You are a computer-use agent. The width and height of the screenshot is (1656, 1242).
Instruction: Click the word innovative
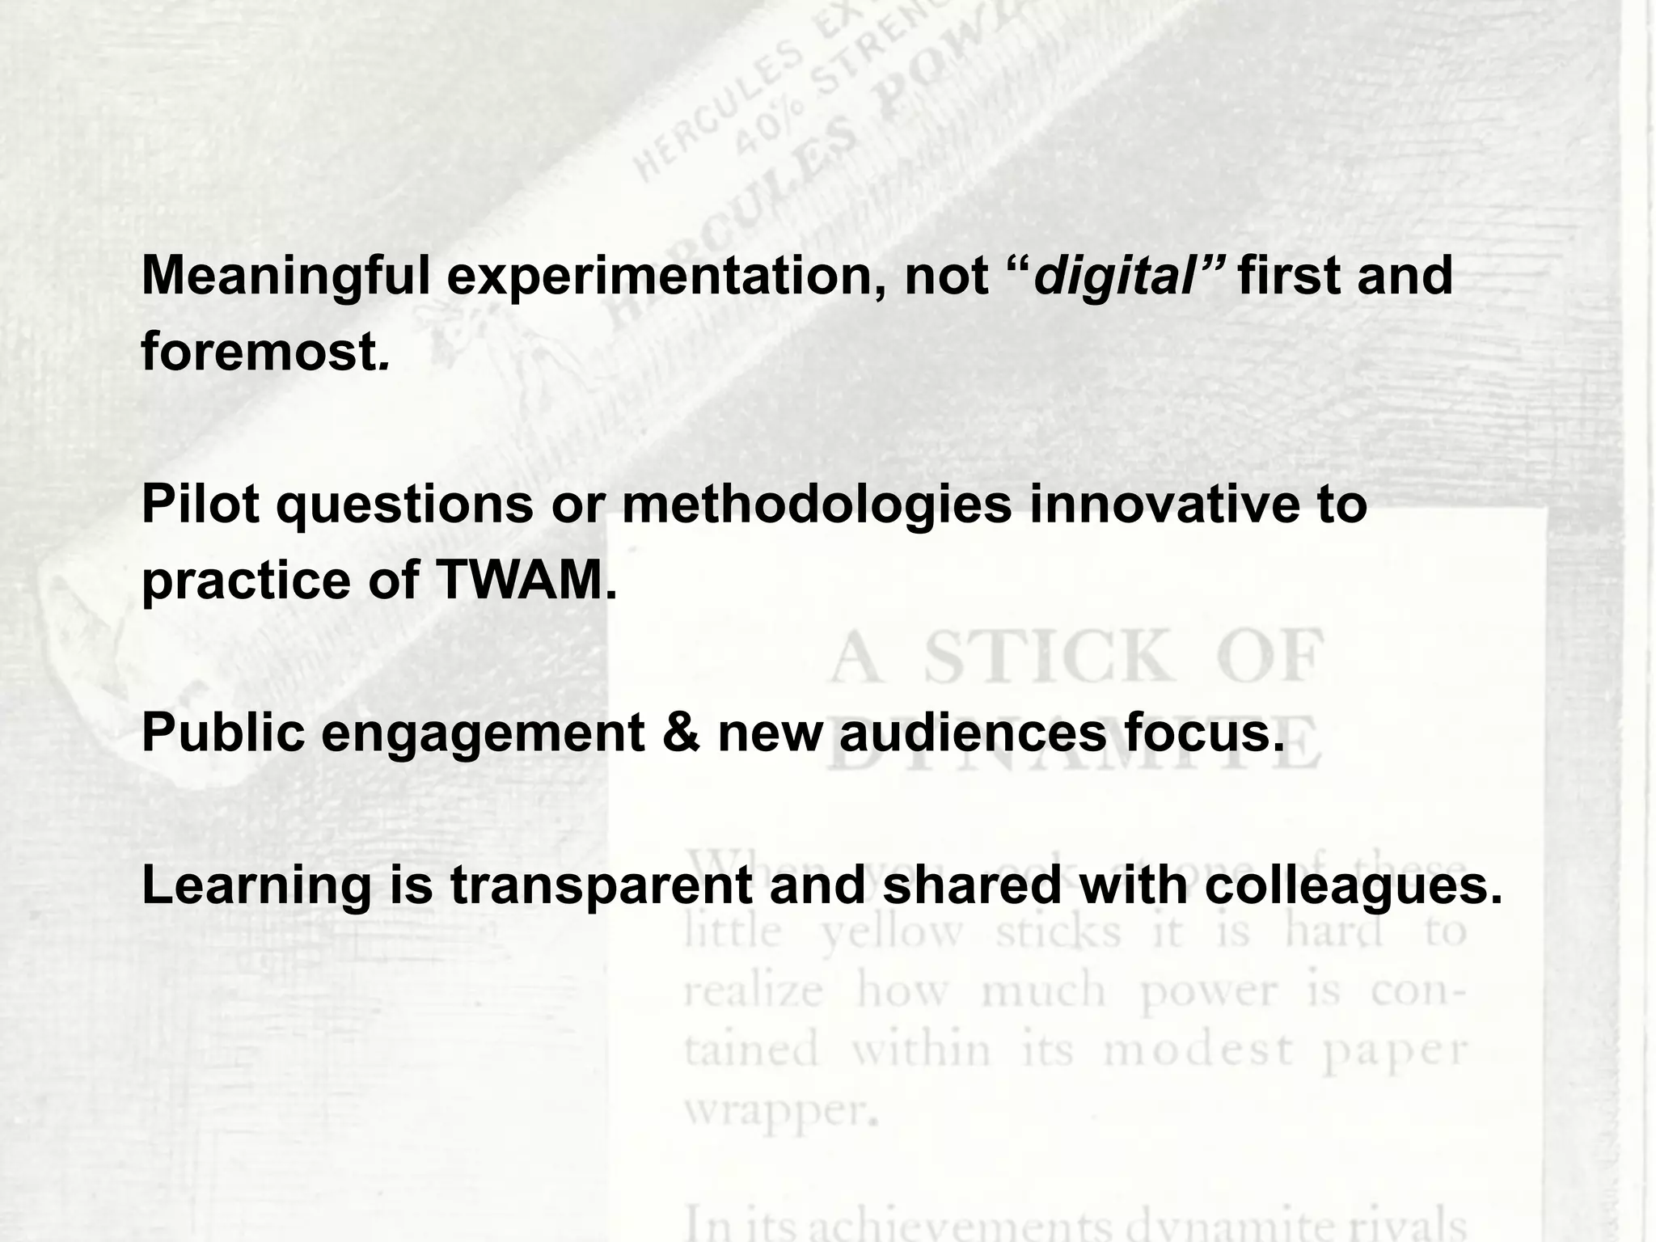[x=1164, y=505]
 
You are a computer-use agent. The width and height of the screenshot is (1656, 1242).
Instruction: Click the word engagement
[x=483, y=734]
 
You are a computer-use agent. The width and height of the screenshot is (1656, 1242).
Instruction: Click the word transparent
[x=601, y=887]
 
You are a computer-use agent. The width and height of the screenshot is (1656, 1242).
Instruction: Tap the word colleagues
[x=1353, y=887]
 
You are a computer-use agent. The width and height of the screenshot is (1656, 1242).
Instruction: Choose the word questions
[x=404, y=506]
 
